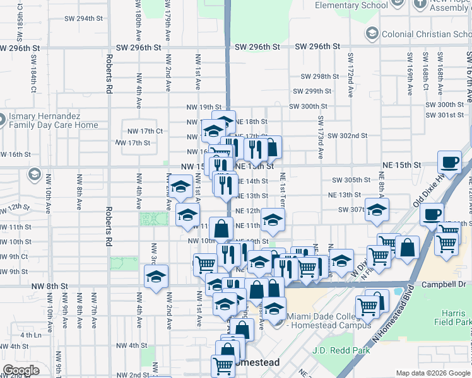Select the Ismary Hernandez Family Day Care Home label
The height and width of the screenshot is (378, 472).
[52, 121]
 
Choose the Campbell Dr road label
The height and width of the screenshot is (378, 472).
[440, 285]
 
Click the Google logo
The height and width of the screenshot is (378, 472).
[21, 370]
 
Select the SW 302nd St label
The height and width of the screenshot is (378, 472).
[347, 135]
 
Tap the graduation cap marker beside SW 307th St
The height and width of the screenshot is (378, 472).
[377, 210]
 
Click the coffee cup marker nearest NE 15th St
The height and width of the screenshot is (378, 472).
[450, 163]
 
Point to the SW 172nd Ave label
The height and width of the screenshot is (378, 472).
[350, 76]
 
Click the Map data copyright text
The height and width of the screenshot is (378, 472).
[433, 373]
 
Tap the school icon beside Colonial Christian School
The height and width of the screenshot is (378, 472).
[372, 33]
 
